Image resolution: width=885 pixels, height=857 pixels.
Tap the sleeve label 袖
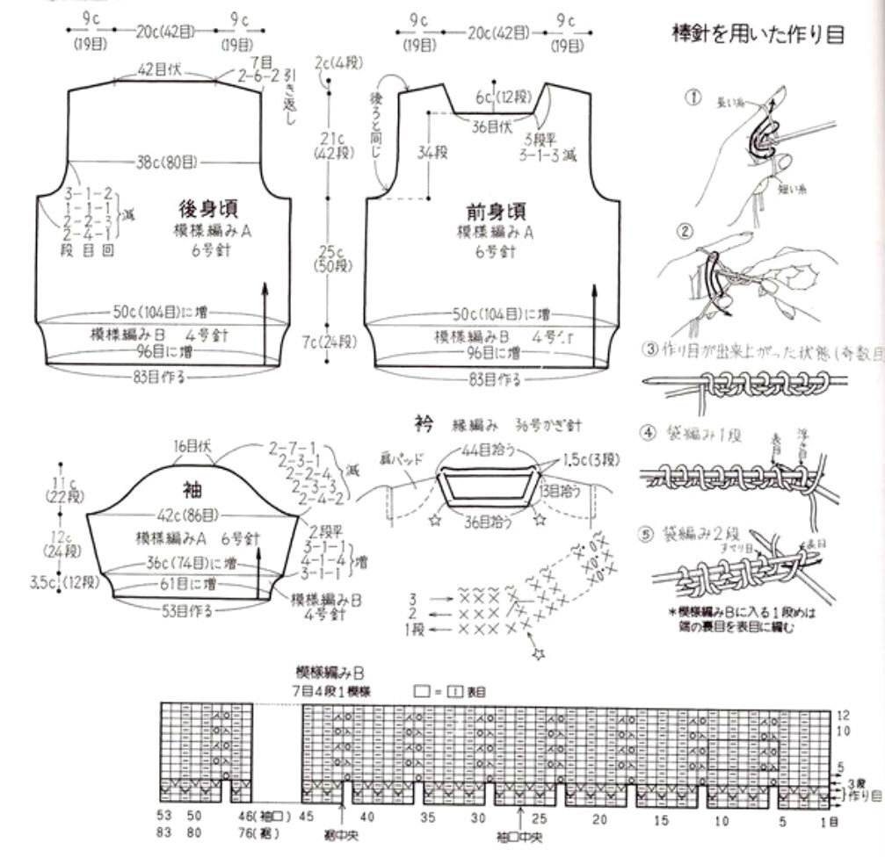[192, 489]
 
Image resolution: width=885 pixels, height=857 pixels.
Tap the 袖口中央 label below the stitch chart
[520, 834]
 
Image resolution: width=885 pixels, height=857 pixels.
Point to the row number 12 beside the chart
[842, 715]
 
